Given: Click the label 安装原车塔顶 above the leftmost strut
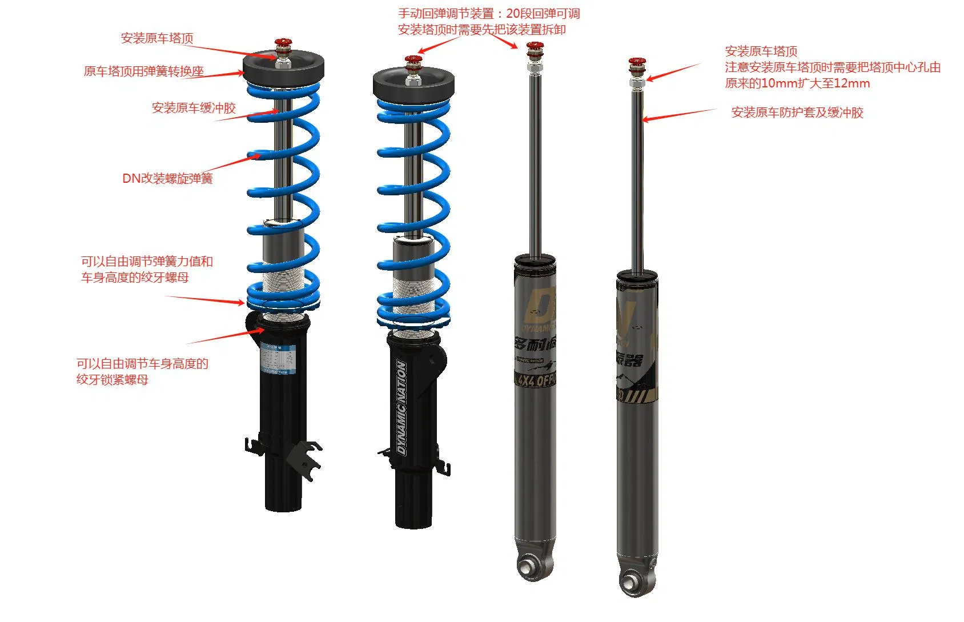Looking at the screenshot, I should point(157,38).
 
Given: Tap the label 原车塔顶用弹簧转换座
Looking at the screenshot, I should point(143,71).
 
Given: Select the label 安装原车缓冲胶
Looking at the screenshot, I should point(194,108).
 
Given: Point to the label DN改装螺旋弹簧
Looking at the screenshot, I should point(167,178).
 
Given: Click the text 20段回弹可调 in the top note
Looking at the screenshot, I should point(543,14).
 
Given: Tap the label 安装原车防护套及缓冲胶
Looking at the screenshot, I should point(797,113).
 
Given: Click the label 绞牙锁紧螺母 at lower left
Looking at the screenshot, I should point(112,380).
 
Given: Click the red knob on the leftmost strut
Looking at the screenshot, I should point(283,43).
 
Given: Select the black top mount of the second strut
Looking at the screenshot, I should point(413,85).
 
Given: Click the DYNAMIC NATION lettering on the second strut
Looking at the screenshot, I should point(401,407).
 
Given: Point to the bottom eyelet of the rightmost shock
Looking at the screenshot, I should point(632,582).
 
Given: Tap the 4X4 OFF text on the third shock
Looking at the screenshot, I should point(536,380).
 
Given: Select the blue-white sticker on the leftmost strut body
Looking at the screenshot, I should point(278,356).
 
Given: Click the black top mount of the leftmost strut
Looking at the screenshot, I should point(284,67).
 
